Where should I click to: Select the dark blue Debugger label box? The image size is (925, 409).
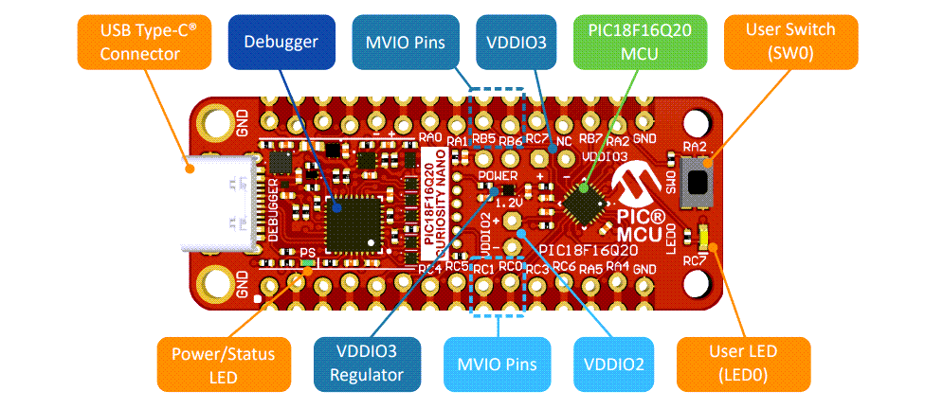coord(281,42)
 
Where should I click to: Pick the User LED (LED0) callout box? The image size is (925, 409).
coord(742,364)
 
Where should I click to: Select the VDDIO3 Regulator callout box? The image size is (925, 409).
coord(367,365)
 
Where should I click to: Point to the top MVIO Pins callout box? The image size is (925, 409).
coord(408,42)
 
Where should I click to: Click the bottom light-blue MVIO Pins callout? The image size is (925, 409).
coord(499,365)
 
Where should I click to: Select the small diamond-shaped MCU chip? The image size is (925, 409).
coord(585,203)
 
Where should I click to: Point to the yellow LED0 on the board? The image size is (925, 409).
coord(703,233)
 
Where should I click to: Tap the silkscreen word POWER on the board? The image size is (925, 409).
coord(498,176)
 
